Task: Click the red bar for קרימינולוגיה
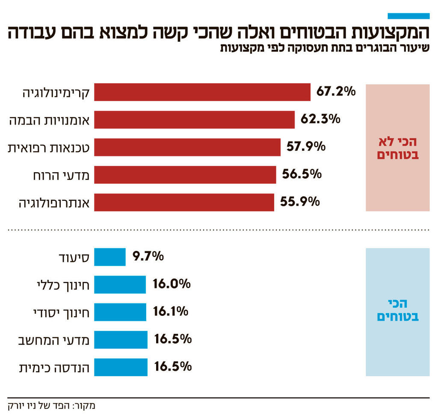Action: pyautogui.click(x=202, y=92)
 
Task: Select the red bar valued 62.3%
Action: pyautogui.click(x=194, y=119)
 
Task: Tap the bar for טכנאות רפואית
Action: pyautogui.click(x=187, y=147)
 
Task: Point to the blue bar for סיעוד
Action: pyautogui.click(x=109, y=257)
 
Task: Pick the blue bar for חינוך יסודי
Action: pyautogui.click(x=120, y=312)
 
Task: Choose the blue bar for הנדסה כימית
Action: pyautogui.click(x=121, y=367)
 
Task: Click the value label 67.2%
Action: pyautogui.click(x=336, y=91)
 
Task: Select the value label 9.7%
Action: pyautogui.click(x=148, y=256)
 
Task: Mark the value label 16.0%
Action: pyautogui.click(x=171, y=284)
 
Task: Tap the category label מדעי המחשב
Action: pyautogui.click(x=53, y=340)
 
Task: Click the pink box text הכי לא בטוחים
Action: pyautogui.click(x=397, y=148)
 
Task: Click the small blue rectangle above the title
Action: pyautogui.click(x=408, y=16)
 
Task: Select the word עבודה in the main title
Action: pyautogui.click(x=33, y=33)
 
